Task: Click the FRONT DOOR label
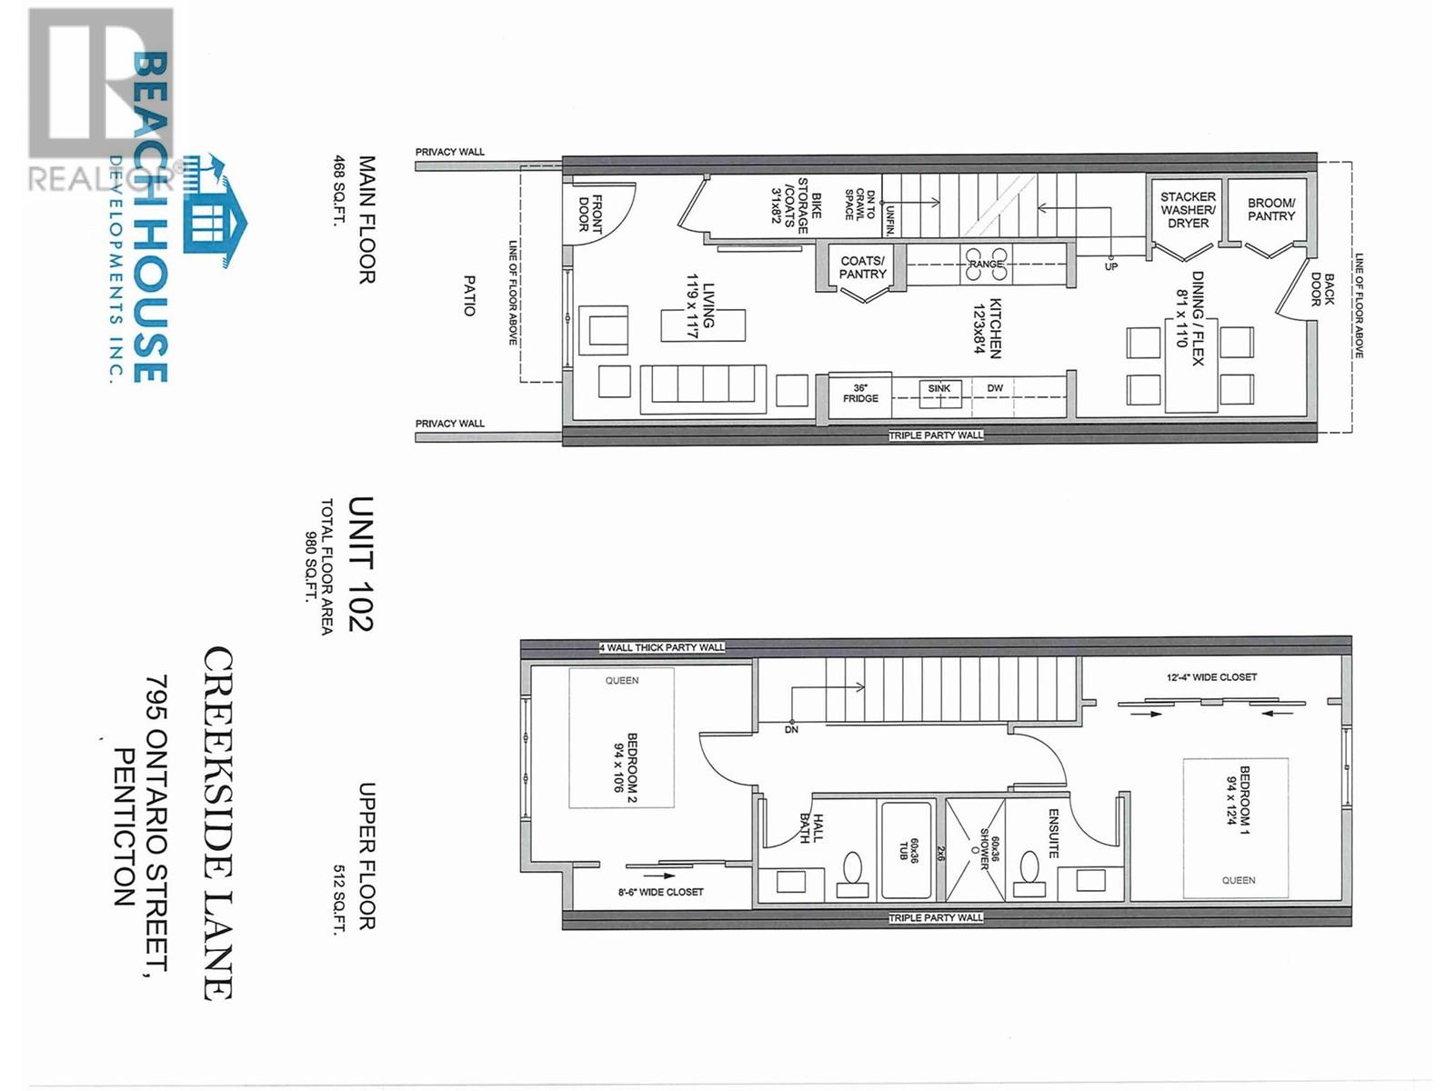(x=591, y=214)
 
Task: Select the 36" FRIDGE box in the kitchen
(x=860, y=393)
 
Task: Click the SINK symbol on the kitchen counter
(x=939, y=389)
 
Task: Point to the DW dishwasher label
(x=996, y=388)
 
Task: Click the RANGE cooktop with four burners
(x=986, y=264)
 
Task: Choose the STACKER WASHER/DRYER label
(x=1188, y=210)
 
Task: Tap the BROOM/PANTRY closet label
(x=1271, y=210)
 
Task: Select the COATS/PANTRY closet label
(x=862, y=267)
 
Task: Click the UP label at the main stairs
(x=1111, y=266)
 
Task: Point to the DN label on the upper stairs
(x=791, y=729)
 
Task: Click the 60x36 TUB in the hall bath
(x=906, y=851)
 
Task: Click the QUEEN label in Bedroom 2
(x=622, y=680)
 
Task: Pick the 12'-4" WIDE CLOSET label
(x=1212, y=677)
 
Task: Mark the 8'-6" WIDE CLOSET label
(x=660, y=892)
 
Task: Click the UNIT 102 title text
(x=361, y=564)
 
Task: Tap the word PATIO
(x=469, y=295)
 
